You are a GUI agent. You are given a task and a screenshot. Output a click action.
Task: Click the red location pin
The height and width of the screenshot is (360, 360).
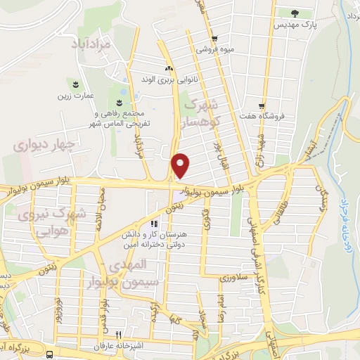(x=181, y=165)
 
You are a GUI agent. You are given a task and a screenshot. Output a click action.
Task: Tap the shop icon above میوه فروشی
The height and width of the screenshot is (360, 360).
(x=214, y=39)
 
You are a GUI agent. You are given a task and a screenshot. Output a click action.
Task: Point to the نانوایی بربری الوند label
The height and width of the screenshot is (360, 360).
(x=167, y=79)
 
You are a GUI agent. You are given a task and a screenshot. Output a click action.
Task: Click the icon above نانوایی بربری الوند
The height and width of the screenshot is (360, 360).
(x=168, y=68)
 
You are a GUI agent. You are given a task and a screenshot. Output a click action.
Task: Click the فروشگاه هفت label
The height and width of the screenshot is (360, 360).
(x=262, y=116)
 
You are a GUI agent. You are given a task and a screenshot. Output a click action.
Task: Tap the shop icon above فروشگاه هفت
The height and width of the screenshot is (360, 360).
(x=262, y=105)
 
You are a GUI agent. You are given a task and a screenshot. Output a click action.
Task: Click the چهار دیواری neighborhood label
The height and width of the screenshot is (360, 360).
(x=39, y=146)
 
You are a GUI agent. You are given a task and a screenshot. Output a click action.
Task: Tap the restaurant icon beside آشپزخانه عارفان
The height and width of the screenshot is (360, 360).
(x=119, y=335)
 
